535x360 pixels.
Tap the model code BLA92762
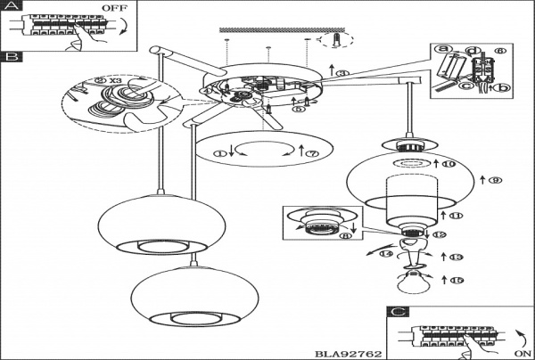point(349,353)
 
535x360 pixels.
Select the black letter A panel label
point(10,7)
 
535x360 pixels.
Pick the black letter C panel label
point(397,312)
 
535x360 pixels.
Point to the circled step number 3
point(343,72)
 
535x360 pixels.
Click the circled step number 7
point(312,154)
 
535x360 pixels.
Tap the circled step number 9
point(496,181)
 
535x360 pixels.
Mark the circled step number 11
point(459,217)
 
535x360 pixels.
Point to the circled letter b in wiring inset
point(505,87)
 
